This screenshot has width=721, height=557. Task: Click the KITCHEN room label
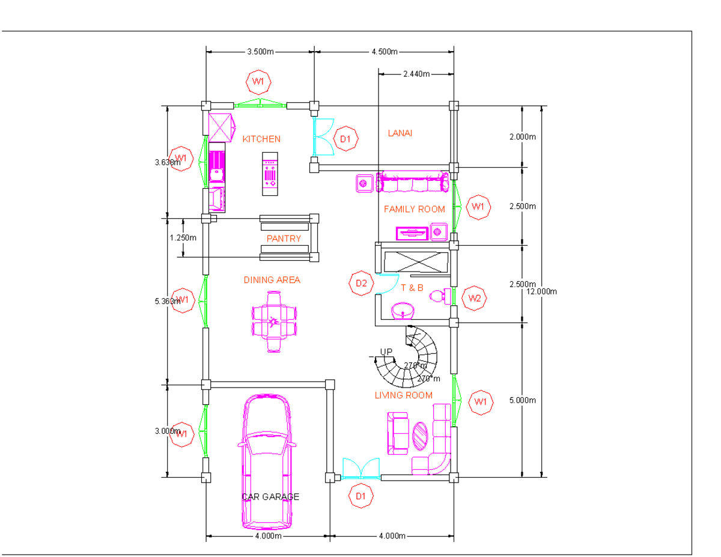tap(261, 139)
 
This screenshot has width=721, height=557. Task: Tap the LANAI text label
tap(400, 133)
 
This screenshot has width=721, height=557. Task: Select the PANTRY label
tap(284, 239)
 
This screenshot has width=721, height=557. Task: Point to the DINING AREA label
tap(272, 280)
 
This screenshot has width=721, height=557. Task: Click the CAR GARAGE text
tap(270, 497)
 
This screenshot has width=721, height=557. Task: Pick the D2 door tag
tap(361, 283)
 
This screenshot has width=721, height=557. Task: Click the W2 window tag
tap(475, 298)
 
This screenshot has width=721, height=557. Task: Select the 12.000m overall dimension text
tap(542, 292)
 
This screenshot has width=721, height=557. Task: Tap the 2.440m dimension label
tap(416, 74)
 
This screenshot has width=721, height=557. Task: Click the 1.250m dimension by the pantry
tap(183, 237)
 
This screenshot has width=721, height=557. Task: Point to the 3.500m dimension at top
tap(260, 52)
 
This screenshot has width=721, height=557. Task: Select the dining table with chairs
tap(275, 321)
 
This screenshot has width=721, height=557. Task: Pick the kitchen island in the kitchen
tap(270, 174)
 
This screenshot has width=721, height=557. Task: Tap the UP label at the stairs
tap(386, 352)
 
